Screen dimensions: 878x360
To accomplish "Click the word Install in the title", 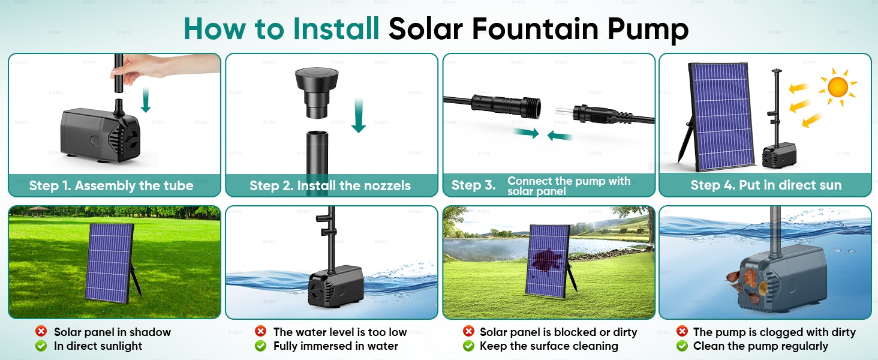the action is point(336,28).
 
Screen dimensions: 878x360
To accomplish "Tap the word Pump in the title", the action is point(648,30).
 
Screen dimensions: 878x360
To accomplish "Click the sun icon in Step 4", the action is point(838,87).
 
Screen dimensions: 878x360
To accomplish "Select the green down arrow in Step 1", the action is point(146,100).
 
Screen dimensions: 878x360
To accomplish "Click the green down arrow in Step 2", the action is point(358,115).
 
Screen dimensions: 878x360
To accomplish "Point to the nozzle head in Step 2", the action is point(317,92).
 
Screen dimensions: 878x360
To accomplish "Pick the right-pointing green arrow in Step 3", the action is point(527,133).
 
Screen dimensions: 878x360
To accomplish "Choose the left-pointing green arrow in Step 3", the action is point(560,136).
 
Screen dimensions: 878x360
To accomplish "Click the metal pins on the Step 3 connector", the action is point(564,112).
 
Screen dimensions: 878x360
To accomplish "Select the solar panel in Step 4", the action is point(721,117).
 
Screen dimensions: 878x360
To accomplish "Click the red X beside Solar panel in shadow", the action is point(41,331).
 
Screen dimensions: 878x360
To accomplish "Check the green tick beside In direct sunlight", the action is point(41,346).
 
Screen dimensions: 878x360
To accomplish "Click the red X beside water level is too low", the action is point(260,331).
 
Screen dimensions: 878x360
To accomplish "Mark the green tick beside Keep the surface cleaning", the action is point(468,346).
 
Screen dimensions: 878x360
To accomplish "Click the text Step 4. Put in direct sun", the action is point(766,185).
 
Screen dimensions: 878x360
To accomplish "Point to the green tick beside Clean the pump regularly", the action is point(682,346).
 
